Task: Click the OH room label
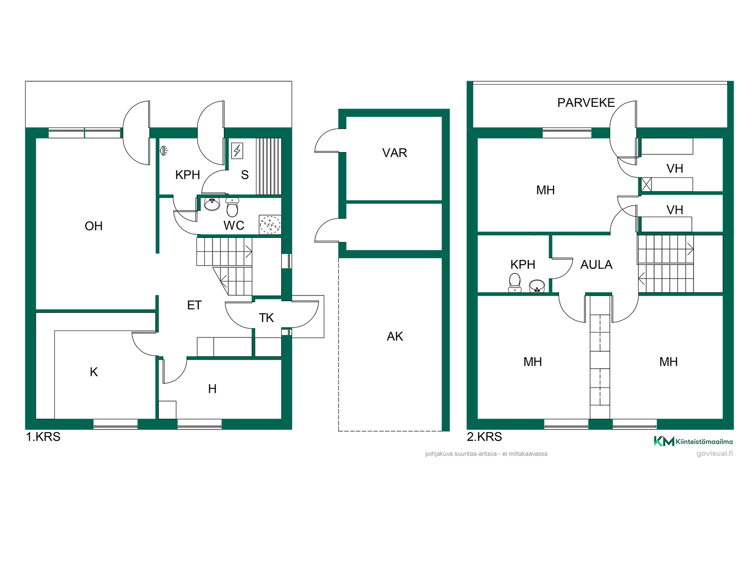[93, 226]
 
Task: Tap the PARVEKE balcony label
[586, 103]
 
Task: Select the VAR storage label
[395, 153]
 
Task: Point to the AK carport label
[395, 336]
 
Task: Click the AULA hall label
[596, 265]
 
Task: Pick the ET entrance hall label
[194, 305]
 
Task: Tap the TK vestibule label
[266, 318]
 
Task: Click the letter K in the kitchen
[93, 372]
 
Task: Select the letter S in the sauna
[245, 175]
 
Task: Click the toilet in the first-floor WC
[232, 207]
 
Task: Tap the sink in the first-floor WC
[212, 204]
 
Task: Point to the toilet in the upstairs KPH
[515, 283]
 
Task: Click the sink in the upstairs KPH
[537, 286]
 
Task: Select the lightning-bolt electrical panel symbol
[237, 151]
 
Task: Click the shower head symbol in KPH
[164, 150]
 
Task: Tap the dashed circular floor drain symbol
[270, 225]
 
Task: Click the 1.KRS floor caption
[43, 437]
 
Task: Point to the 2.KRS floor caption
[485, 437]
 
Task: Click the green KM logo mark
[664, 441]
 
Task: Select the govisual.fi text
[715, 454]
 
